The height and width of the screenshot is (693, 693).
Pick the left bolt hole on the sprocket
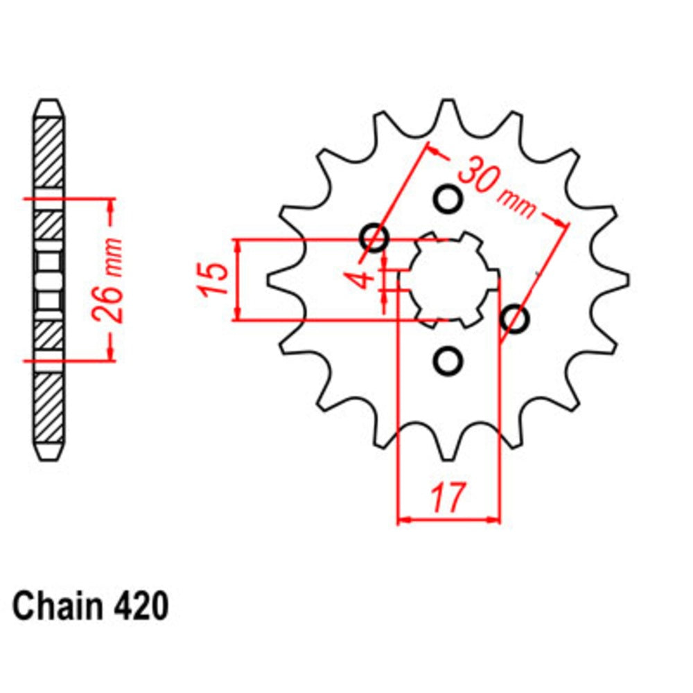(375, 237)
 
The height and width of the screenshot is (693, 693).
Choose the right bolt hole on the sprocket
(516, 319)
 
